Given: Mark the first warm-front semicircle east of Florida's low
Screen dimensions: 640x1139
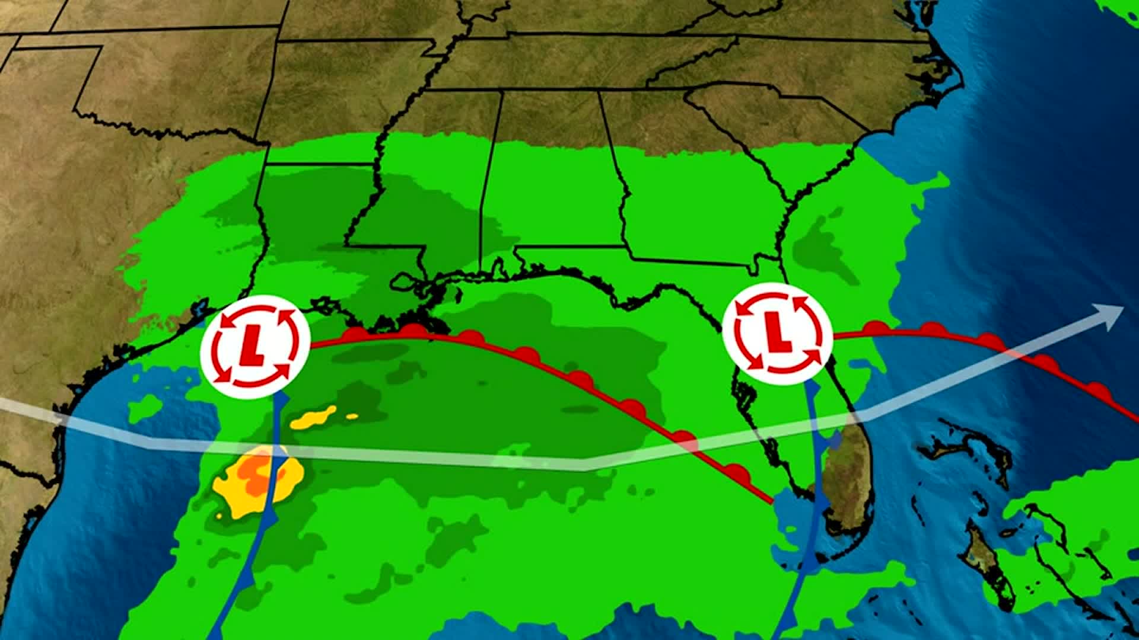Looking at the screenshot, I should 875,328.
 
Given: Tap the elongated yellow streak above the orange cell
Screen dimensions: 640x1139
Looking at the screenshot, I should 314,417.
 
